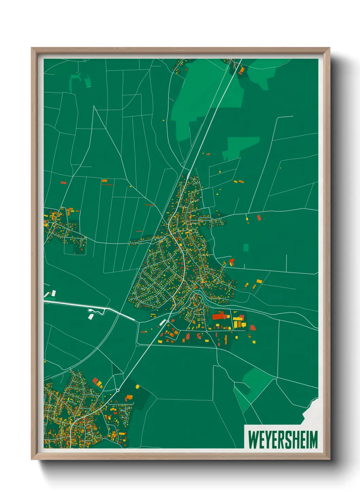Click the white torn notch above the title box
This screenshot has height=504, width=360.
click(311, 412)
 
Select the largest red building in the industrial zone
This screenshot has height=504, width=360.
click(220, 316)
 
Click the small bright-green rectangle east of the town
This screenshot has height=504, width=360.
click(246, 247)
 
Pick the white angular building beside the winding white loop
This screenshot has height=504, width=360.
click(91, 317)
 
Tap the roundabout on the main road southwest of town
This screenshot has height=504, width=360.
click(118, 390)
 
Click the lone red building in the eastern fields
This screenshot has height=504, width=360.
click(259, 217)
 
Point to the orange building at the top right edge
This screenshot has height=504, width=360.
click(242, 70)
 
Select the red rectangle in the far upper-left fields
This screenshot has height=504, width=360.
click(63, 183)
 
